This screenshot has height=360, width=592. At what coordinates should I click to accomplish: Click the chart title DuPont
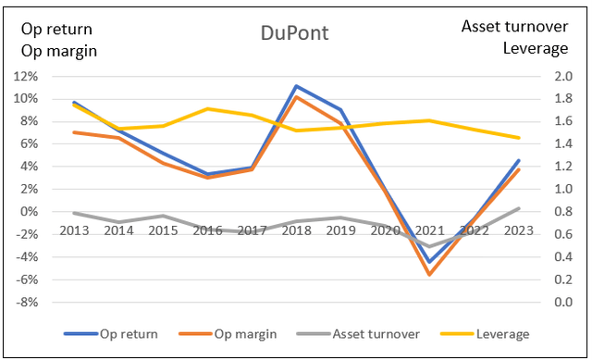(293, 35)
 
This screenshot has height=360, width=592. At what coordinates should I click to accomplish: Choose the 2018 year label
(295, 229)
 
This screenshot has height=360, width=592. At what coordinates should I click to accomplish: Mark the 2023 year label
(518, 229)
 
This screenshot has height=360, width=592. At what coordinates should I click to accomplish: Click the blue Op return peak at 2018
(295, 86)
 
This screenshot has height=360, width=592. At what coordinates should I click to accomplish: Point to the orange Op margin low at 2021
(429, 275)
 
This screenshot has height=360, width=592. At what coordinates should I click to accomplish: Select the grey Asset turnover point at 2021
(429, 247)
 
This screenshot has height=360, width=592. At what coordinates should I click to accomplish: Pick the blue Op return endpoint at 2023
(519, 161)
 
